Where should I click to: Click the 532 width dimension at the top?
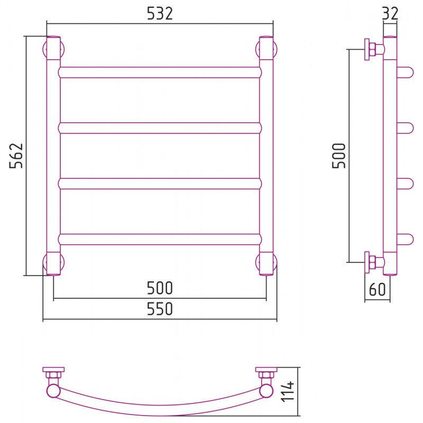coord(160,14)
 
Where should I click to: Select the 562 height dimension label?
coord(16,155)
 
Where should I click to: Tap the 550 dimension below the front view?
coord(160,309)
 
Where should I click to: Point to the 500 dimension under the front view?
coord(160,288)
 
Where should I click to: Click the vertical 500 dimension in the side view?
coord(339,155)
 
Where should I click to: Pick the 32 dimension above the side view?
coord(390,14)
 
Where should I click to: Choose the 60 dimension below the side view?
coord(377,289)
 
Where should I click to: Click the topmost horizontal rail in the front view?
coord(160,72)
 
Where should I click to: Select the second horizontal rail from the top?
coord(160,128)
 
